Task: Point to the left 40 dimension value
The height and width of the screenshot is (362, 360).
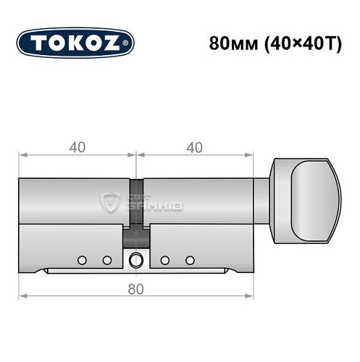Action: (x=78, y=147)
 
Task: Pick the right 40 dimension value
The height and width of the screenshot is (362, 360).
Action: (x=194, y=147)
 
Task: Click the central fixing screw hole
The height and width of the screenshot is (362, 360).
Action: (x=135, y=261)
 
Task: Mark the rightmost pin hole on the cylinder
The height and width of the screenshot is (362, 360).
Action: (x=190, y=259)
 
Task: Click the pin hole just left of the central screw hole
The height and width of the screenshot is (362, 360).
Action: (x=106, y=259)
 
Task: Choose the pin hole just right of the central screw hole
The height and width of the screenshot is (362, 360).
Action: (x=165, y=259)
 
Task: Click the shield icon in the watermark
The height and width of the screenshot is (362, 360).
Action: (x=112, y=202)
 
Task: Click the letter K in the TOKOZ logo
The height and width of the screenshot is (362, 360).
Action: (x=75, y=42)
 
